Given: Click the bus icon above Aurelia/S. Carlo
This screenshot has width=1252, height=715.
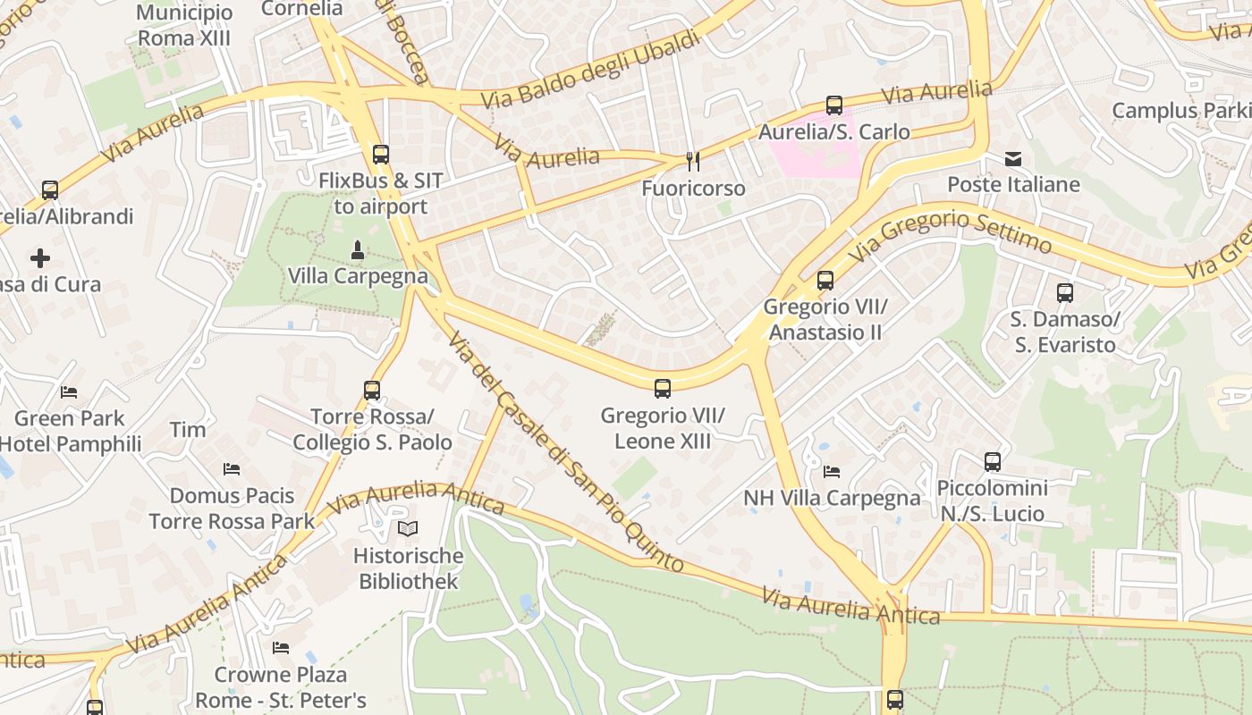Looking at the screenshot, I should [x=834, y=105].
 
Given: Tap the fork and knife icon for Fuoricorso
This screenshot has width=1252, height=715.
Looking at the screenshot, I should [x=692, y=162].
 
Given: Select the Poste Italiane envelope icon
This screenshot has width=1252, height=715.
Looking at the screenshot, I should [x=1013, y=159].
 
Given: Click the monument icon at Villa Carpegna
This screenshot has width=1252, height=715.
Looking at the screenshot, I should [x=358, y=250].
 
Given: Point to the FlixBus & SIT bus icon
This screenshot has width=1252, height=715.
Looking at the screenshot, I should [x=381, y=155].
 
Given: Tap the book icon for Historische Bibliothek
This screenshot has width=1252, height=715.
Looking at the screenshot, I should [x=408, y=529].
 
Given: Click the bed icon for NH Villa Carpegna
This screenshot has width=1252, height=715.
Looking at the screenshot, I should [x=832, y=471].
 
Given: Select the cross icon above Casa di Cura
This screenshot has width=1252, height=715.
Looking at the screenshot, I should [x=40, y=259].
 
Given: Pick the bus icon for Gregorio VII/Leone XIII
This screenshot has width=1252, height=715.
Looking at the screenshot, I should [x=663, y=389].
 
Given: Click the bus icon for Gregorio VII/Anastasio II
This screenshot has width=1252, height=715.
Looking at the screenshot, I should [x=825, y=281].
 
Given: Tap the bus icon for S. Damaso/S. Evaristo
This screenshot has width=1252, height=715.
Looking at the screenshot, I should [x=1065, y=293].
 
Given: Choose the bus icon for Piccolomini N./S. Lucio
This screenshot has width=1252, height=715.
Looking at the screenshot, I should [x=993, y=462].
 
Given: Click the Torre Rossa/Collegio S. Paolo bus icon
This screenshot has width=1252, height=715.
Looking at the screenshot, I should [x=372, y=391].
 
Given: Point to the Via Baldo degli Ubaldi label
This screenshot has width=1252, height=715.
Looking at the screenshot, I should [x=591, y=70].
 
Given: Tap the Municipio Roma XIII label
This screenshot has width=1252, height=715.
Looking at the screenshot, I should [x=184, y=25].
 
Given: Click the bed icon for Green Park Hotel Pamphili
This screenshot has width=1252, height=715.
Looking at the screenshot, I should [x=69, y=392].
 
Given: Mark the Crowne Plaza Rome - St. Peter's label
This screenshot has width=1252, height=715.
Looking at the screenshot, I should [x=281, y=686].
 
